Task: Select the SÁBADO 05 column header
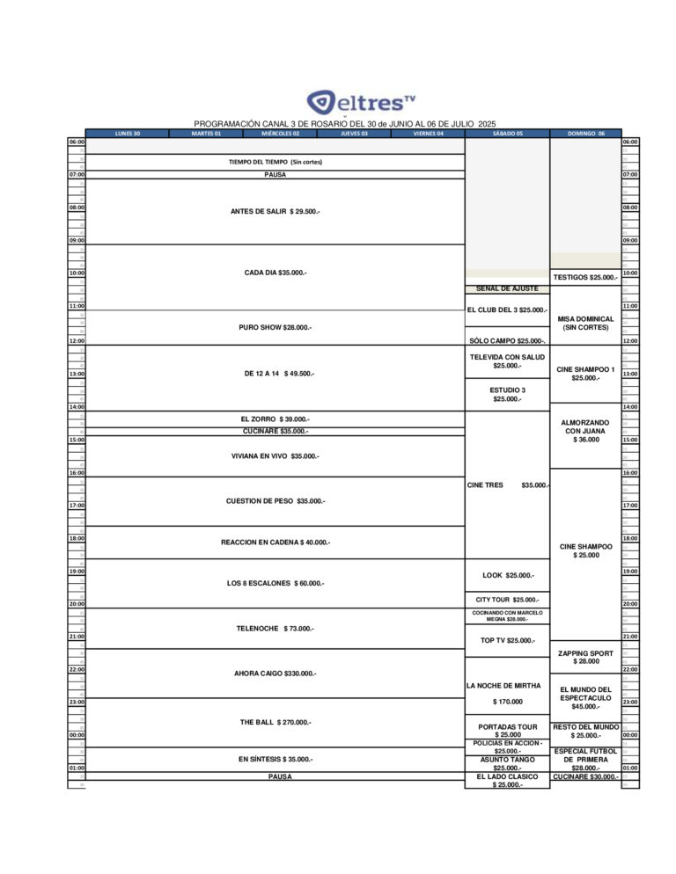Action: pyautogui.click(x=507, y=134)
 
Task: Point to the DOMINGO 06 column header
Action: pyautogui.click(x=585, y=134)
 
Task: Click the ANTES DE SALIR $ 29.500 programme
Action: pyautogui.click(x=275, y=211)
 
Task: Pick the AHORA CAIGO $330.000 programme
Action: pyautogui.click(x=275, y=674)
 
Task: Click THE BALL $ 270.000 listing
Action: pyautogui.click(x=276, y=722)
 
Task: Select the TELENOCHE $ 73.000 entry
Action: pyautogui.click(x=275, y=629)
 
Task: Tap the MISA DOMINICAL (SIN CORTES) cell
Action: pyautogui.click(x=585, y=323)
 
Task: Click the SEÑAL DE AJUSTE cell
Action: pyautogui.click(x=507, y=288)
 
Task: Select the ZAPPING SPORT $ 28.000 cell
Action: pyautogui.click(x=585, y=658)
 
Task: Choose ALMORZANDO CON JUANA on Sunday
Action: pyautogui.click(x=585, y=431)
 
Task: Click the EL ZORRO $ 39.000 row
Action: pyautogui.click(x=275, y=419)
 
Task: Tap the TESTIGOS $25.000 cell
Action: pyautogui.click(x=585, y=277)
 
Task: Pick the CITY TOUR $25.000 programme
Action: pyautogui.click(x=507, y=599)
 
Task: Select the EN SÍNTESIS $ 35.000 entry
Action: pyautogui.click(x=276, y=758)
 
